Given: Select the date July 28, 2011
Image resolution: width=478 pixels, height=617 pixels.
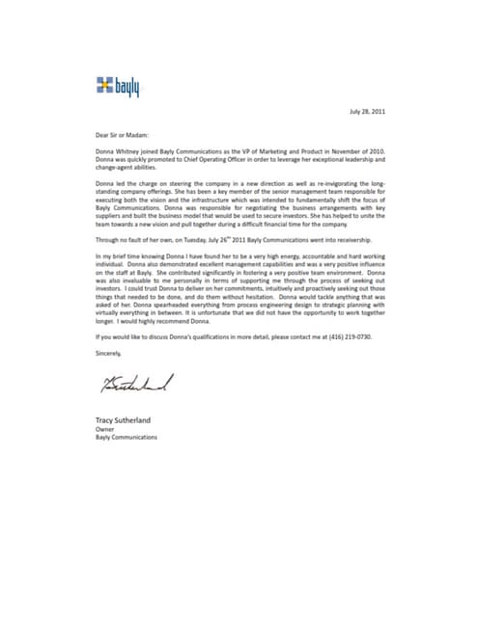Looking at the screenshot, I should click(371, 112).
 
